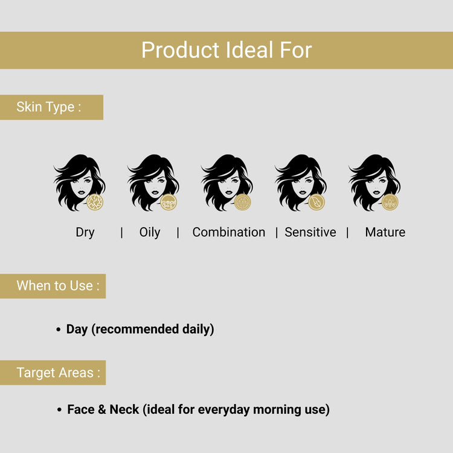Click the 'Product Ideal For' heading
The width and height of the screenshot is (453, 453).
click(226, 50)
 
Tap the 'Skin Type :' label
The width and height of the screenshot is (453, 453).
click(48, 108)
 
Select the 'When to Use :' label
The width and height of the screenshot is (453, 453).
click(58, 286)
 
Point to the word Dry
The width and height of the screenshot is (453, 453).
click(85, 233)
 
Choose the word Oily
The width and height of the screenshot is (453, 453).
click(150, 233)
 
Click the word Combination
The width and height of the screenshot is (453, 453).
click(228, 233)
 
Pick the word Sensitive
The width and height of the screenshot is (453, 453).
click(310, 233)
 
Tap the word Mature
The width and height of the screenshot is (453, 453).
click(385, 233)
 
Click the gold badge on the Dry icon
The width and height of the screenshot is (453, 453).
click(95, 202)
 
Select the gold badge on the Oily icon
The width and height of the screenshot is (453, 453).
click(169, 202)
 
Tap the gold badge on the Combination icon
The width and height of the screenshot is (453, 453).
click(243, 202)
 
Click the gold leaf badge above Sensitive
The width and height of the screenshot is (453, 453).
click(316, 202)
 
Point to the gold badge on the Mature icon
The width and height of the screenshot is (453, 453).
click(390, 202)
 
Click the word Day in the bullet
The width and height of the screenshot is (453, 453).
click(77, 329)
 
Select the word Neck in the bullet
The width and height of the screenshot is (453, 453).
click(124, 410)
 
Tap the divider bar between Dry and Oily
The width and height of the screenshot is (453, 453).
click(121, 233)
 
